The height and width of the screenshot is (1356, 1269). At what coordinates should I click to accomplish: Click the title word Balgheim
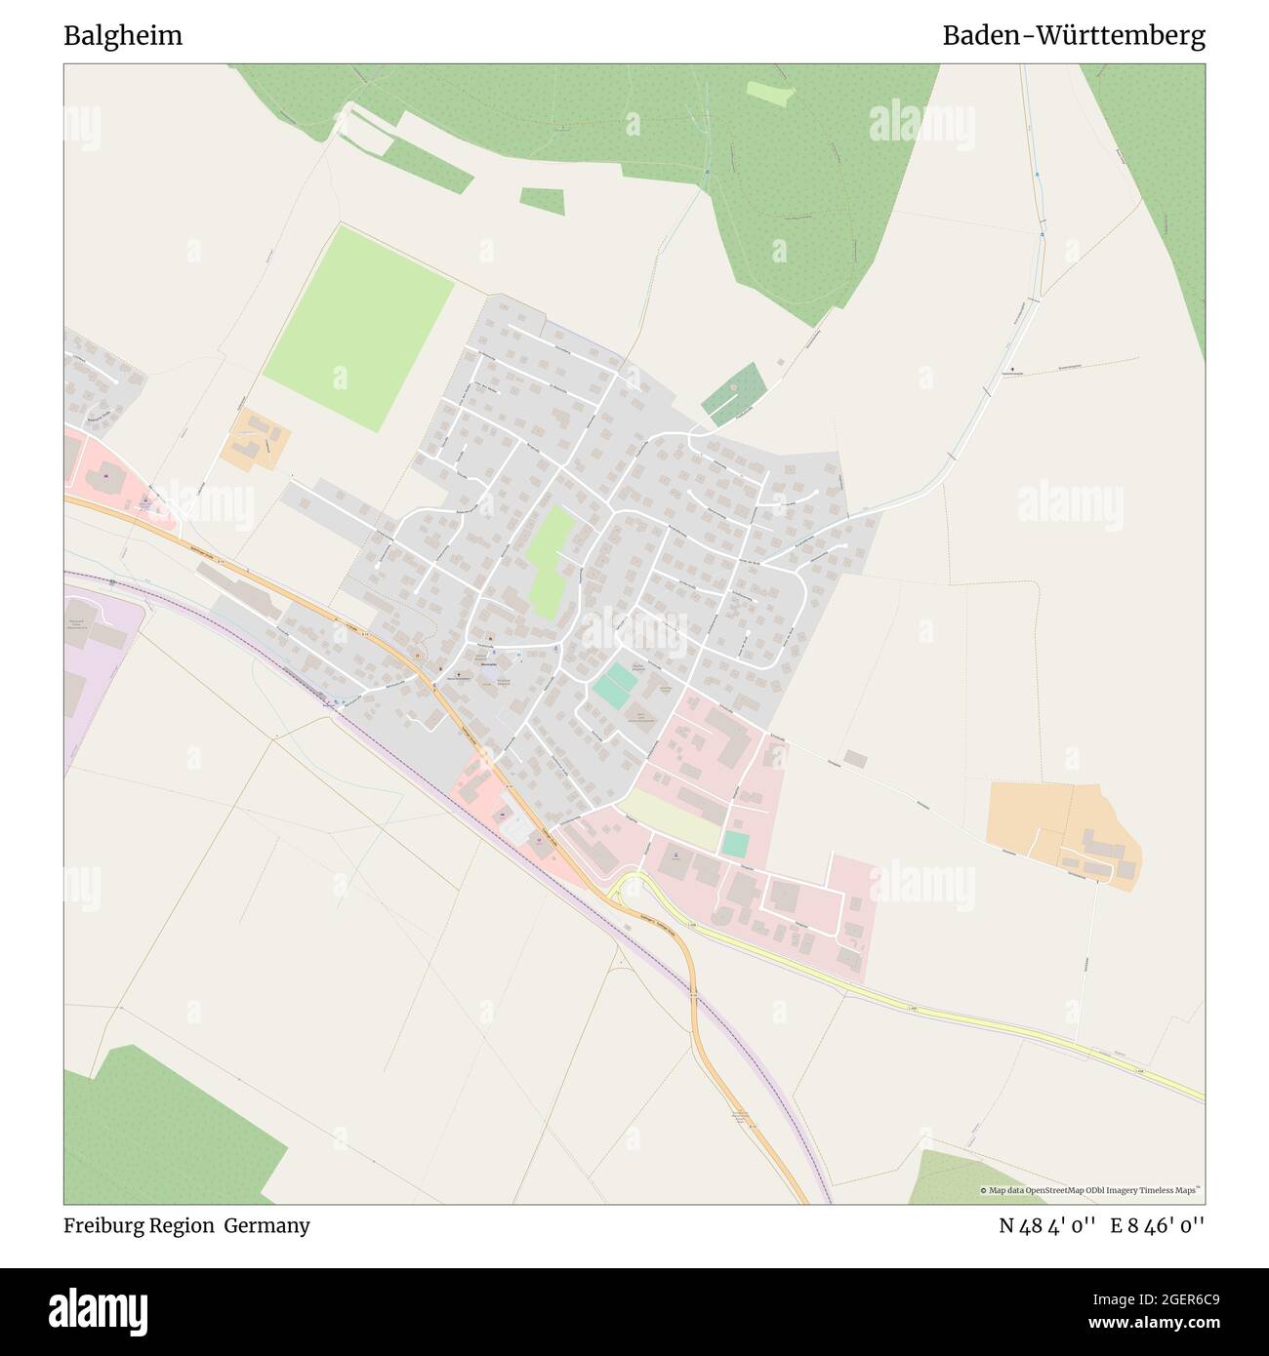point(123,36)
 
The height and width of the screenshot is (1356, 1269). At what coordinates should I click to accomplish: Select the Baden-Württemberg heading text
point(1073,36)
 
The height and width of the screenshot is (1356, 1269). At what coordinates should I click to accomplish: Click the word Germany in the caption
point(266,1225)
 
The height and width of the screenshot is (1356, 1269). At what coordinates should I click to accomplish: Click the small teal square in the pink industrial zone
point(735,844)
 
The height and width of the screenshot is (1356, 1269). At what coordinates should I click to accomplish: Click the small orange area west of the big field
point(255,440)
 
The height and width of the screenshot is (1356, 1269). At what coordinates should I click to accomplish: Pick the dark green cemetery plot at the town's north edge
point(733,393)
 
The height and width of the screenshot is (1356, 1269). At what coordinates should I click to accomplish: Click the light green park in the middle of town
point(551,561)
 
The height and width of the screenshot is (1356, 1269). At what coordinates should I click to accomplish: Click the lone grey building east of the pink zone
point(855,758)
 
